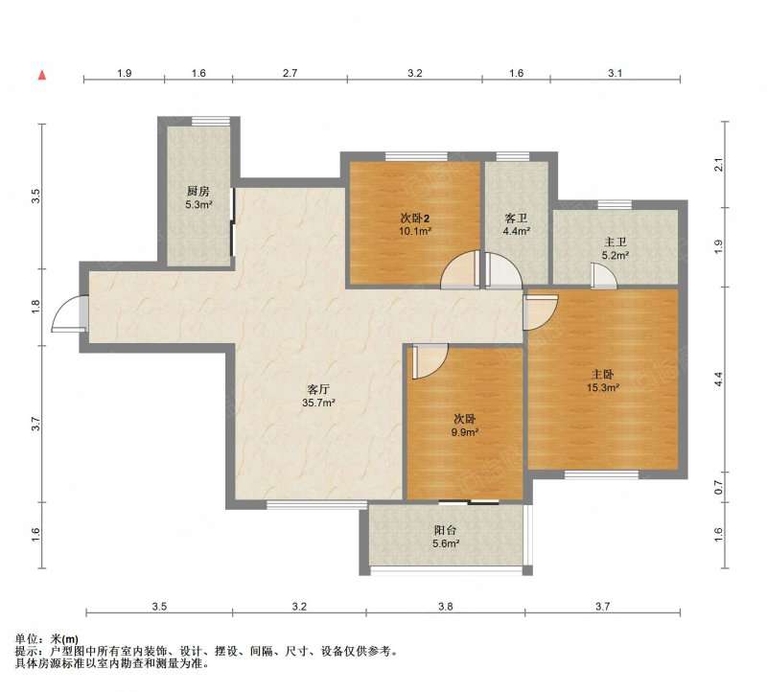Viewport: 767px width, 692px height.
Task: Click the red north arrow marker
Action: tap(42, 76)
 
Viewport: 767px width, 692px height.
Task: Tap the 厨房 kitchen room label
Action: tap(198, 192)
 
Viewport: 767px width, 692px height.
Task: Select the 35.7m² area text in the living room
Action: tap(318, 403)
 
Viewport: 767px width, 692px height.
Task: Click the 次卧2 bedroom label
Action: tap(415, 219)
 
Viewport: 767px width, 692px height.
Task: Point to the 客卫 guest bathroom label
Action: tap(516, 219)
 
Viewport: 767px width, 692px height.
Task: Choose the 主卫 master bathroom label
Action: tap(616, 242)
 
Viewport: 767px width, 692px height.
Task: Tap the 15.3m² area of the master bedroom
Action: tap(603, 388)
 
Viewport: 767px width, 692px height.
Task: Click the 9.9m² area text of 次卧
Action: tap(465, 432)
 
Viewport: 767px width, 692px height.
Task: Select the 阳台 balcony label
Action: tap(445, 530)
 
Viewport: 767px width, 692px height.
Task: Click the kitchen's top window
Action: tap(211, 121)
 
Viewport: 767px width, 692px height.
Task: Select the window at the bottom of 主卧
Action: tap(601, 474)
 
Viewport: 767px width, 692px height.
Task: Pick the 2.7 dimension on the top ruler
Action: tap(290, 74)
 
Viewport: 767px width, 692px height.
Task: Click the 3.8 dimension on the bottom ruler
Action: tap(445, 607)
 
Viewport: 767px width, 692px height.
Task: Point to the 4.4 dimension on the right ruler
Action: tap(718, 380)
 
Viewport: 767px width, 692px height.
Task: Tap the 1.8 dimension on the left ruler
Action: tap(35, 307)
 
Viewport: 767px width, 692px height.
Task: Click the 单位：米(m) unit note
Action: tap(46, 638)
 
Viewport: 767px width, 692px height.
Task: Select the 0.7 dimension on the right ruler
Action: tap(718, 487)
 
